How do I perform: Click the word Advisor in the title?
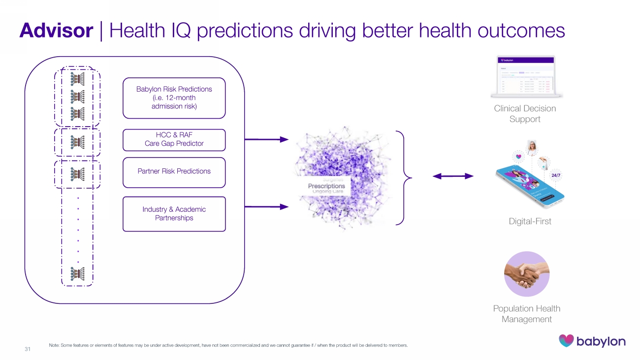click(56, 31)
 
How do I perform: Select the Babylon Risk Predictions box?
click(174, 98)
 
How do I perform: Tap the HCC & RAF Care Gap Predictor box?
click(174, 140)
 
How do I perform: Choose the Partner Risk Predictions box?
click(174, 172)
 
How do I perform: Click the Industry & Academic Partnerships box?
click(174, 214)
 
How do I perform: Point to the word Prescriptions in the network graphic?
click(326, 186)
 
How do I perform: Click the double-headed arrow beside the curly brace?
click(452, 176)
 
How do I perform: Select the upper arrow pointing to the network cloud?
click(266, 139)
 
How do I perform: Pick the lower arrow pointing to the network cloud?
click(266, 207)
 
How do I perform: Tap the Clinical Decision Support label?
click(525, 114)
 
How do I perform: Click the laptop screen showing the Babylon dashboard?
click(526, 75)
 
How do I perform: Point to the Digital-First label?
click(530, 222)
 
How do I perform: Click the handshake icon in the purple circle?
click(526, 274)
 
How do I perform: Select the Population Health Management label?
click(527, 314)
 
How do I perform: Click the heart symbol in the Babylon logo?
click(566, 341)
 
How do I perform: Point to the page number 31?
click(28, 349)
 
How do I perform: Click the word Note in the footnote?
click(54, 345)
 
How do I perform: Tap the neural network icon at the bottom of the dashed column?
click(78, 274)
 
